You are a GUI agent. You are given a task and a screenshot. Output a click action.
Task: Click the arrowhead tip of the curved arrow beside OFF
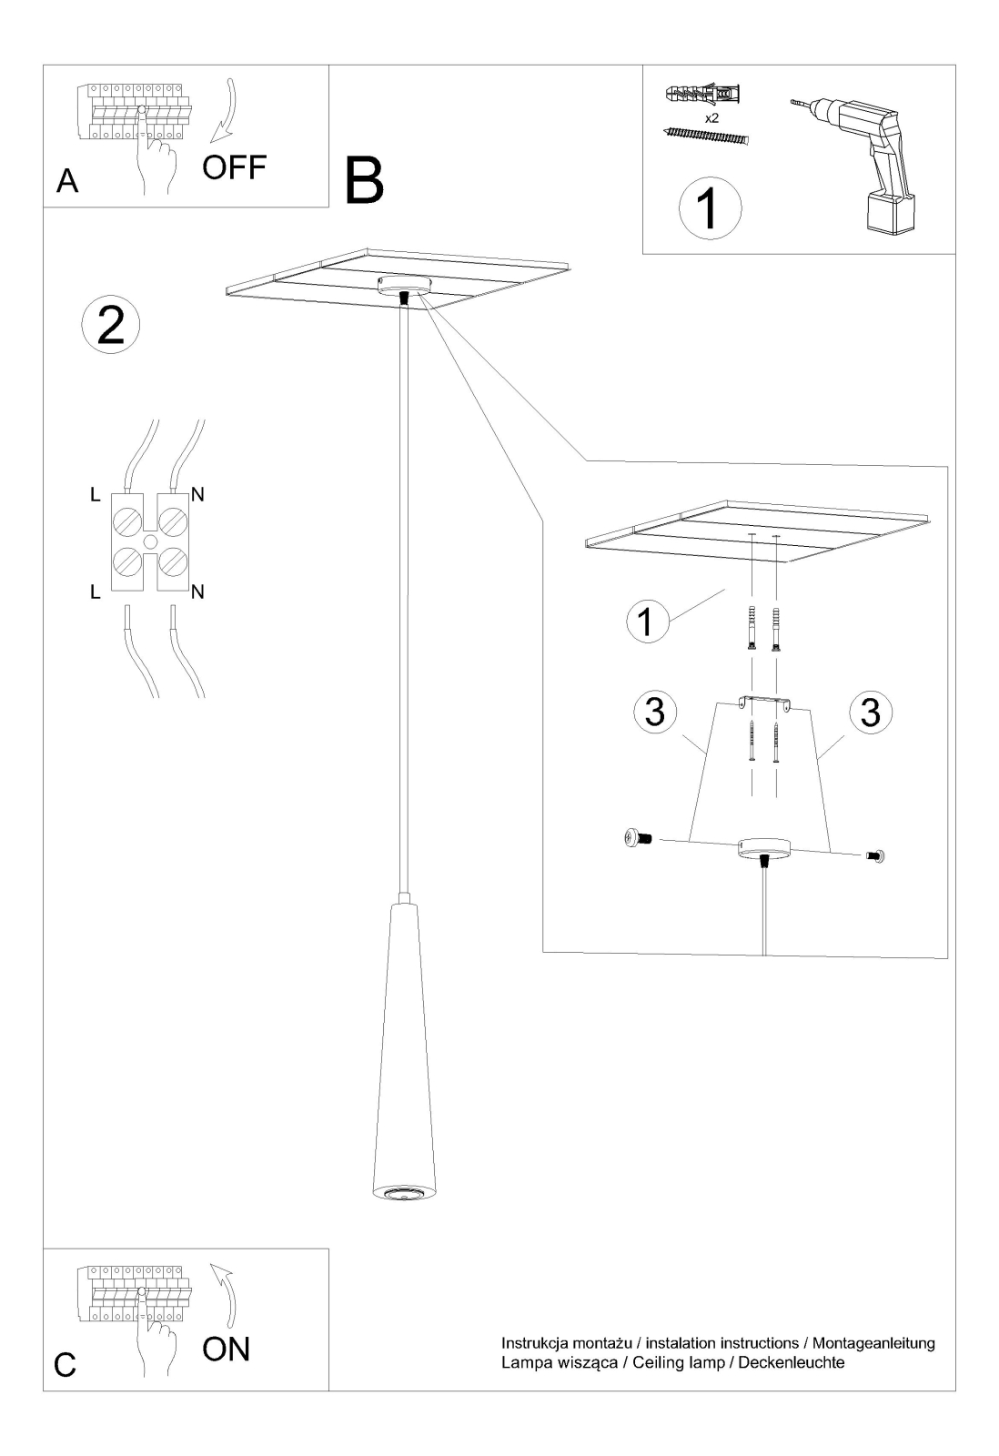click(210, 142)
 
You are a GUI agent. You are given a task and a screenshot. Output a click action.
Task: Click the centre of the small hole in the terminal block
click(150, 541)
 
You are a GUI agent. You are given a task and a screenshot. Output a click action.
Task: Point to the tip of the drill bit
click(792, 101)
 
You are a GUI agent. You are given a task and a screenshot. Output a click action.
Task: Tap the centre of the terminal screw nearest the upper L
click(127, 522)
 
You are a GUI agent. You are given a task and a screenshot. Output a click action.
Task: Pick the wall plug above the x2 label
click(704, 95)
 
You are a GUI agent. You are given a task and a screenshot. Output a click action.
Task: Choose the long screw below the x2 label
click(706, 136)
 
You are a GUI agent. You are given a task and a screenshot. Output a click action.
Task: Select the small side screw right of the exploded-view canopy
click(875, 856)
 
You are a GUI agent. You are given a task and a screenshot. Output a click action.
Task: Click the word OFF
click(235, 167)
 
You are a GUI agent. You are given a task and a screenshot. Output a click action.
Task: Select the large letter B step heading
click(364, 180)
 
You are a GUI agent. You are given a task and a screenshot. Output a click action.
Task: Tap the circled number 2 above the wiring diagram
click(110, 325)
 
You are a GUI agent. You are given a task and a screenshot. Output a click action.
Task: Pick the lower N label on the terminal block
click(197, 591)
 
